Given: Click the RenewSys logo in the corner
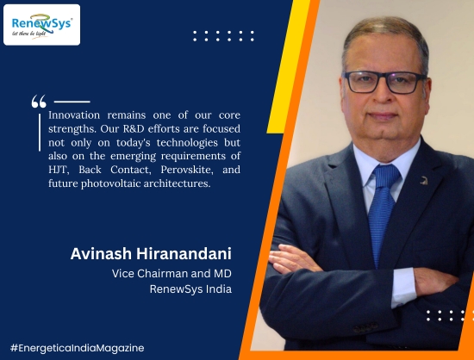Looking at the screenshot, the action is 41,25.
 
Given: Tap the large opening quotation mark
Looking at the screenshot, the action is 39,102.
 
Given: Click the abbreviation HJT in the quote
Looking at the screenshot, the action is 59,170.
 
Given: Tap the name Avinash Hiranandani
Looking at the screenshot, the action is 151,254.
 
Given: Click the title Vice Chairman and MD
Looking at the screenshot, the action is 172,274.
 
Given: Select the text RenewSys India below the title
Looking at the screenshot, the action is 190,289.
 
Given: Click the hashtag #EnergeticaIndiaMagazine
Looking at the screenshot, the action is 77,348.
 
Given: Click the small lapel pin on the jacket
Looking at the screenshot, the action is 424,181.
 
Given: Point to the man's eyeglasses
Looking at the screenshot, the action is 384,82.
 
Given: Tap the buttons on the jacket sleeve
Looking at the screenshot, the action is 365,327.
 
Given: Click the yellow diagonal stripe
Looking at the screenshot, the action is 288,66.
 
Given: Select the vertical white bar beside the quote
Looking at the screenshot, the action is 40,133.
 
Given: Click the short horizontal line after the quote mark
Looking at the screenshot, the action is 72,102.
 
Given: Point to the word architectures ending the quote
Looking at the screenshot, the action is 177,183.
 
